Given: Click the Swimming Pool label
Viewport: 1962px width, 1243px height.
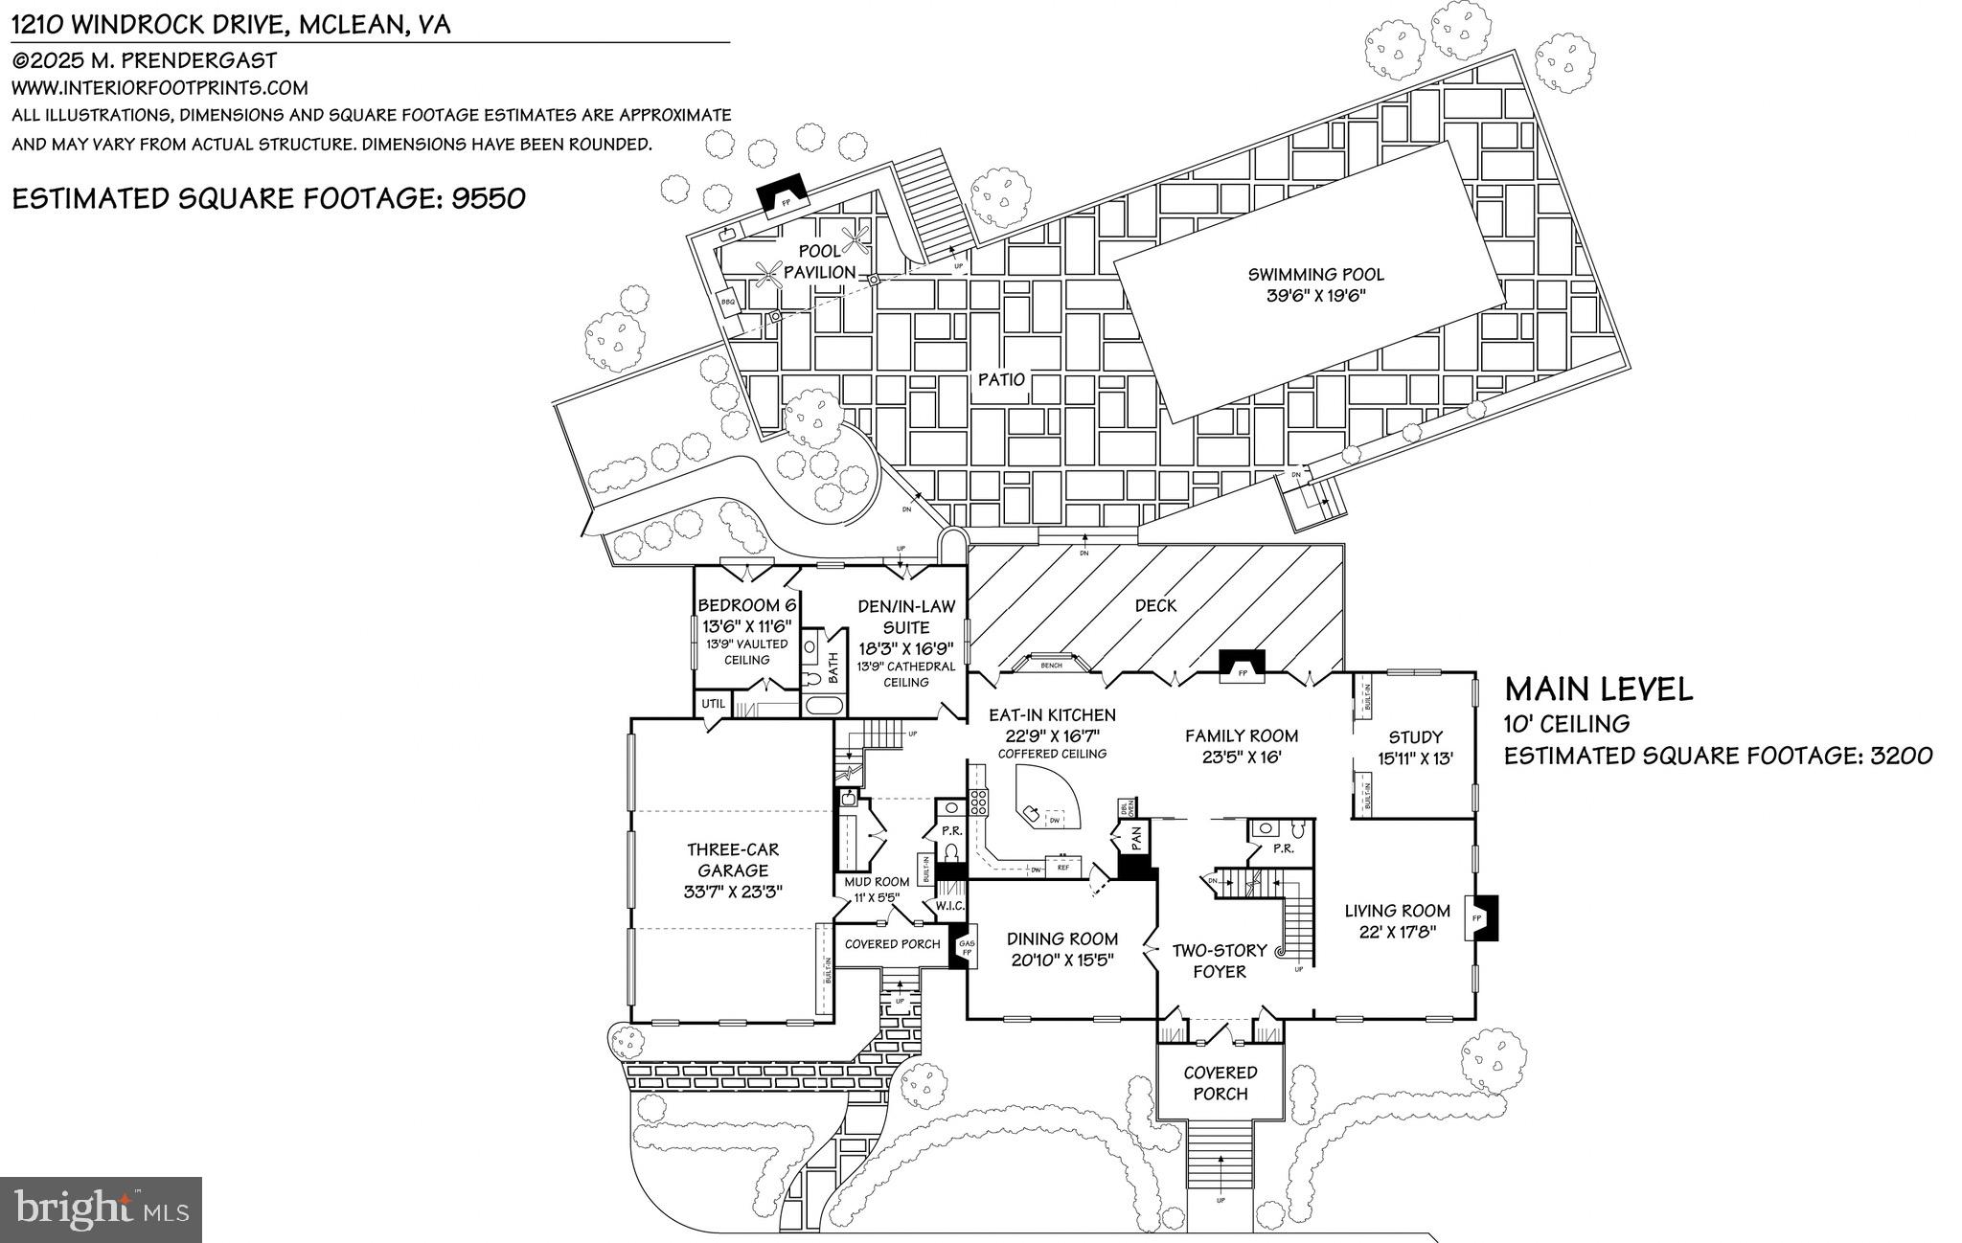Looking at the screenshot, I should (1315, 275).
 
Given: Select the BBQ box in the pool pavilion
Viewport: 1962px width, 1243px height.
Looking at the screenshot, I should (728, 302).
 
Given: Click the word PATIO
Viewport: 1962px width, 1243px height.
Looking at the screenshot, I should (1001, 379).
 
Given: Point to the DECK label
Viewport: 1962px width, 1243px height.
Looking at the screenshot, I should (1155, 605).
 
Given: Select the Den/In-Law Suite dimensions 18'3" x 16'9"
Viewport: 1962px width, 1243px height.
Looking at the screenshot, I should (905, 648).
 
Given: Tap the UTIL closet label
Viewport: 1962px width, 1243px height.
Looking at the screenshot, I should (714, 704).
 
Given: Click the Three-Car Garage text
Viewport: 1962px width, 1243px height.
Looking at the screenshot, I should (733, 860).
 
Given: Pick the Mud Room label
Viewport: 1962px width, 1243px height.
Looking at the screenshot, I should (877, 882).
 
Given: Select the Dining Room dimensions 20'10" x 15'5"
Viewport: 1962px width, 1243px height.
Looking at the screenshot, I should (1062, 959).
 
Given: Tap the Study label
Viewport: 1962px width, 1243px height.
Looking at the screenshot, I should (1415, 737).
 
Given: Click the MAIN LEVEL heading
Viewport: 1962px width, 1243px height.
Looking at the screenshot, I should (1598, 689).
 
